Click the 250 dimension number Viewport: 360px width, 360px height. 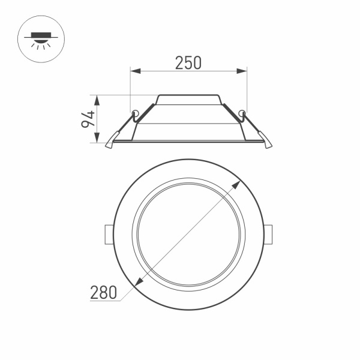pos(188,62)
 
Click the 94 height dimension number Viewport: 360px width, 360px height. pos(88,119)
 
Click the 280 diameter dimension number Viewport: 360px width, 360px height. pos(103,293)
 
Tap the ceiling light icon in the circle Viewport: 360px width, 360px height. pos(38,40)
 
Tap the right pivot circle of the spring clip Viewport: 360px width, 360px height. pos(242,113)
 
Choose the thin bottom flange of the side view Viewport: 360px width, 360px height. pos(188,142)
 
